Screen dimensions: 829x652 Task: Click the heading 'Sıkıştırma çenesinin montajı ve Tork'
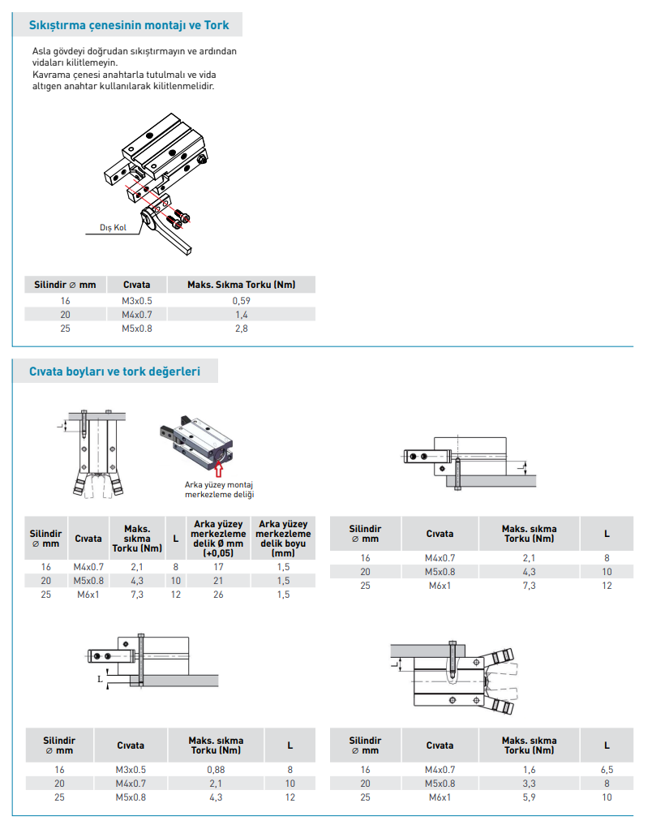click(x=129, y=25)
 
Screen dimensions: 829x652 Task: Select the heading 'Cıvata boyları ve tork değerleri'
click(x=114, y=372)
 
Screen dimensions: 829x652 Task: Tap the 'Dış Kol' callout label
click(x=113, y=228)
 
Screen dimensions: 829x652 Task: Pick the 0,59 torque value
click(x=241, y=301)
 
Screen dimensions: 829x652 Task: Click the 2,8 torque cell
click(x=241, y=329)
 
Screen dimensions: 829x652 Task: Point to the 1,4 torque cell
click(x=241, y=315)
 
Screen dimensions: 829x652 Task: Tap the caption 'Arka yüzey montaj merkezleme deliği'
click(x=220, y=489)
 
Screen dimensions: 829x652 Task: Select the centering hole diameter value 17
click(x=218, y=567)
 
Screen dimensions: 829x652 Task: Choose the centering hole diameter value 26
click(x=218, y=595)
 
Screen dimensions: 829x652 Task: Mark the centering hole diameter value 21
click(x=218, y=581)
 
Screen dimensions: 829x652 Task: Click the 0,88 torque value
click(x=216, y=769)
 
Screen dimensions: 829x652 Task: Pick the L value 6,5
click(x=606, y=770)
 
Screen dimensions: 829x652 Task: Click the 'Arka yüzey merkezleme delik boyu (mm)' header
click(x=283, y=539)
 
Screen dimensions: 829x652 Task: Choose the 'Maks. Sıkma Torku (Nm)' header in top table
click(x=241, y=285)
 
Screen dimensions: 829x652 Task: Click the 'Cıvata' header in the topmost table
click(x=136, y=285)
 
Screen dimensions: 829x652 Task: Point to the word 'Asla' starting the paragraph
click(x=42, y=51)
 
